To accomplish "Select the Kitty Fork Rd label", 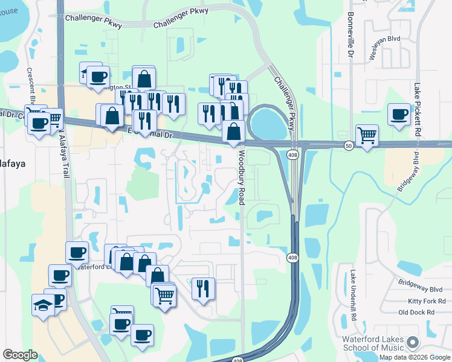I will point(426,300).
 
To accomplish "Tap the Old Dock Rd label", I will point(417,312).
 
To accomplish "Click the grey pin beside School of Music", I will point(413,342).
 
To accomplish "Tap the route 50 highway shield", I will point(349,146).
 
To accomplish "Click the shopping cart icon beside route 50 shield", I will point(367,135).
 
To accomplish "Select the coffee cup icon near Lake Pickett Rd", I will point(399,114).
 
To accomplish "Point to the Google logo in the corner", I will point(20,355).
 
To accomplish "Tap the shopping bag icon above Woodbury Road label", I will point(233,130).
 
